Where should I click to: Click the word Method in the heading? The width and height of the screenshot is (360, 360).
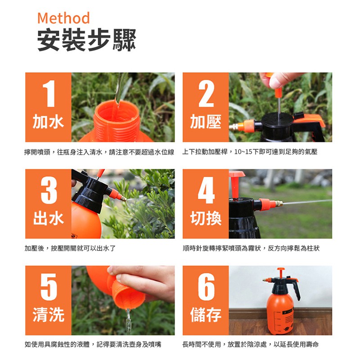tap(63, 18)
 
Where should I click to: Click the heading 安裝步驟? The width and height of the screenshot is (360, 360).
tap(87, 40)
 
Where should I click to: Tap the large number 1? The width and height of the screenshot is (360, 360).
tap(49, 94)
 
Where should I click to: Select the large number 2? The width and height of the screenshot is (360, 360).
tap(206, 94)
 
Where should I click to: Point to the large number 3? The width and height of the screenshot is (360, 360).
tap(49, 190)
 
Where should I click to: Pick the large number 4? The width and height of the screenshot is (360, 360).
tap(207, 190)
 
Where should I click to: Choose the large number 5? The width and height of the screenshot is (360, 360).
tap(49, 287)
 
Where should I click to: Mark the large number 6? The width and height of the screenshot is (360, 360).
tap(207, 287)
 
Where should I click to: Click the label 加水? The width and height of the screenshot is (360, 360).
tap(48, 121)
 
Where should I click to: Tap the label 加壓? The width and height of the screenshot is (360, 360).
tap(206, 121)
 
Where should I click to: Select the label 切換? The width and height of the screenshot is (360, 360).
tap(206, 218)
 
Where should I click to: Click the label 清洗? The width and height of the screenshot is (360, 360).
tap(49, 315)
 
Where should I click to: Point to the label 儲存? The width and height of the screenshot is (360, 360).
tap(206, 315)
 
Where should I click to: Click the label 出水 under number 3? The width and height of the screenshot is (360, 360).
tap(49, 218)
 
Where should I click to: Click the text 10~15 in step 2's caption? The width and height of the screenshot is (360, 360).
tap(243, 152)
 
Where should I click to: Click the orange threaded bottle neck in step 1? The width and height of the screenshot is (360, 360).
tap(117, 121)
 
